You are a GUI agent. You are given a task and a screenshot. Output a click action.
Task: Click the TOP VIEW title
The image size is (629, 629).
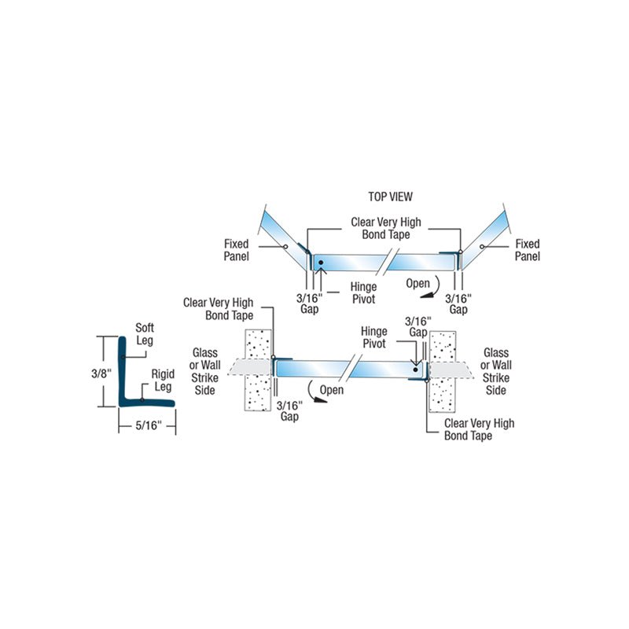(x=390, y=197)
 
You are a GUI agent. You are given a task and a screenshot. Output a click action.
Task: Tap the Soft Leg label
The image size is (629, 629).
(x=145, y=335)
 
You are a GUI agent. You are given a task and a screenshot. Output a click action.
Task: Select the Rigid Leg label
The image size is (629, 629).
(x=162, y=381)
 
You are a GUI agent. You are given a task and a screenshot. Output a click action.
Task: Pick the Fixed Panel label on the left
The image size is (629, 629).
(x=236, y=250)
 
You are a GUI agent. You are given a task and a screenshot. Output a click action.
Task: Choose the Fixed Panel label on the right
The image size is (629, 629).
(x=528, y=250)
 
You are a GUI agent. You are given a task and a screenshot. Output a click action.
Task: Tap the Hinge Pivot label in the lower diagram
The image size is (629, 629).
(x=374, y=338)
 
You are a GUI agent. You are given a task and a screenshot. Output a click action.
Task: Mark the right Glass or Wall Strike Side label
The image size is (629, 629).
(x=496, y=372)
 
